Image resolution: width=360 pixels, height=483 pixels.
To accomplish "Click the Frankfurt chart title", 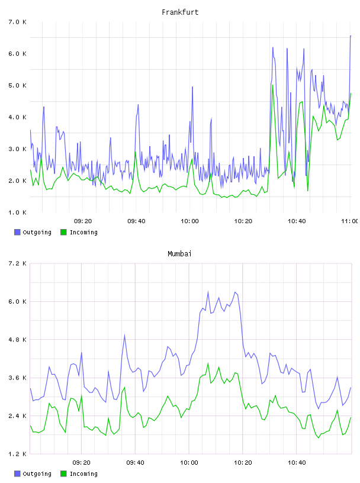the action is click(x=180, y=12).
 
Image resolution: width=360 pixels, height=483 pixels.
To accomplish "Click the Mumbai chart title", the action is click(x=179, y=253).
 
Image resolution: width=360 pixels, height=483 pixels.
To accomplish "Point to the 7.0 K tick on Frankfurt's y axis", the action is click(x=17, y=22).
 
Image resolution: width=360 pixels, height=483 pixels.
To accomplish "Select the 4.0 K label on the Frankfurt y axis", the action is click(x=17, y=117).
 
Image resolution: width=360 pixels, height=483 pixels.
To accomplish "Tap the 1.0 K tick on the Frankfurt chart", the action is click(x=17, y=212).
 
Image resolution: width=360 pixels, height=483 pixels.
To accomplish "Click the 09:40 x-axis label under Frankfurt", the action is click(x=136, y=221).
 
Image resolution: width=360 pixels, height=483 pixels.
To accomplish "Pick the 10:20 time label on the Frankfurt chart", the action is click(x=243, y=221).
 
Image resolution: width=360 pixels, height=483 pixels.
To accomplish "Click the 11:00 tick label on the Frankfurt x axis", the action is click(x=350, y=221).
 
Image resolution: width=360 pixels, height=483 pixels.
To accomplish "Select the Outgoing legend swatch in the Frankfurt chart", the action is click(x=17, y=232).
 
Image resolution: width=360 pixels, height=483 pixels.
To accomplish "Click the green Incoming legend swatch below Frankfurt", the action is click(x=63, y=232).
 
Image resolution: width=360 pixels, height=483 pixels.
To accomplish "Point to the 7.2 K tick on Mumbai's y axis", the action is click(x=17, y=263).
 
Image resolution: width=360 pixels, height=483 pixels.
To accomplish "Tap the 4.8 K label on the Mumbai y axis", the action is click(x=17, y=339).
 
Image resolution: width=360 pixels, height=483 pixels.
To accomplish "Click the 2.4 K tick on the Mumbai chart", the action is click(x=17, y=416).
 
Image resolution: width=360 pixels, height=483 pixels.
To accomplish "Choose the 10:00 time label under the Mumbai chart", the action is click(x=189, y=462).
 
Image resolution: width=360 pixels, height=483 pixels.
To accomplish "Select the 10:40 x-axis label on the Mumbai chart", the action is click(x=297, y=462).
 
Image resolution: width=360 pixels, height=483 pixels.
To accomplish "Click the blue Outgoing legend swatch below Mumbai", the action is click(x=17, y=474).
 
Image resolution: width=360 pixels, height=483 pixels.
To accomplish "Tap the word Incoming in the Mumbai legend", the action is click(x=83, y=474).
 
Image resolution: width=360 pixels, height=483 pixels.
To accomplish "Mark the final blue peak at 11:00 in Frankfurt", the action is click(x=351, y=36).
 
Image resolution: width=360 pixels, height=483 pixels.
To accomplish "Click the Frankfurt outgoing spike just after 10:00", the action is click(x=192, y=87).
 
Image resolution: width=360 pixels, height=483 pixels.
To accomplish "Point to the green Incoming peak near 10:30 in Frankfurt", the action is click(x=273, y=85).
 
